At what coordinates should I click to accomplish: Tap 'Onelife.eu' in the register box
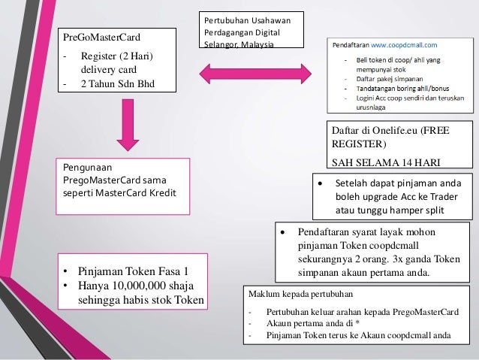click(x=391, y=130)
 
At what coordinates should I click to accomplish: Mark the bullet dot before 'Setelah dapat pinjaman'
click(x=321, y=182)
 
